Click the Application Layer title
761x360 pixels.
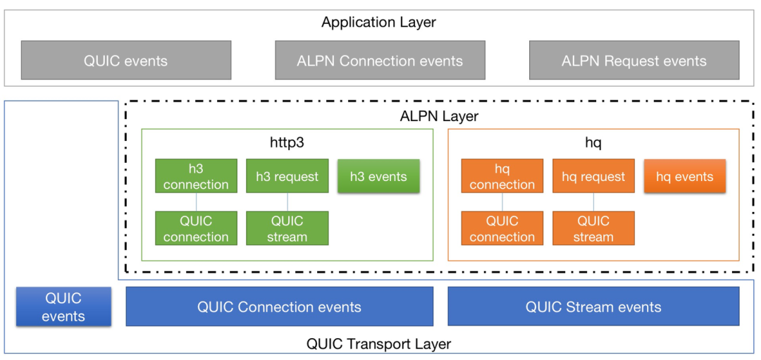[378, 23]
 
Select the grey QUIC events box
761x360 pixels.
[126, 60]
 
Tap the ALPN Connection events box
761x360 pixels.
[380, 60]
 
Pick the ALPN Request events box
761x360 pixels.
[634, 60]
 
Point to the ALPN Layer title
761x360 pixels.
[439, 116]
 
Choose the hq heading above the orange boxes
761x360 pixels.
[593, 144]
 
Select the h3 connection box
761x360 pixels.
[196, 176]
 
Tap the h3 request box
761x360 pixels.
[287, 176]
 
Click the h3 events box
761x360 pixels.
[378, 176]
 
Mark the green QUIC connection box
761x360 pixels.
[196, 228]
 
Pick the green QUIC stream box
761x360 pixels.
[287, 228]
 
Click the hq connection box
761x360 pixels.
[502, 176]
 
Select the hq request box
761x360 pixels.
[593, 176]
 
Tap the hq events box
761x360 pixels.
[685, 176]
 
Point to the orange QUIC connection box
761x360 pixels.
[502, 228]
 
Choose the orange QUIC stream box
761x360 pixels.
[593, 228]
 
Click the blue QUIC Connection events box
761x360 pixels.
[280, 306]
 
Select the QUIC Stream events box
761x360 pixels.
[593, 306]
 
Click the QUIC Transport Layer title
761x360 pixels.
[379, 345]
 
